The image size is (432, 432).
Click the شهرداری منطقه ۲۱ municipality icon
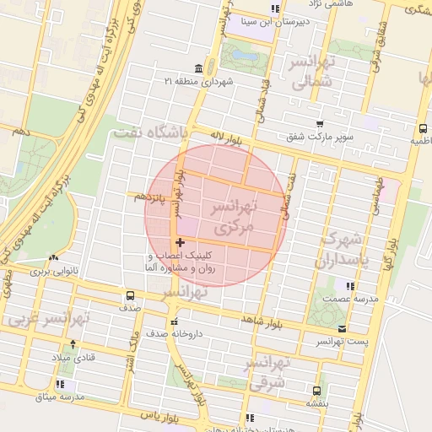click(197, 68)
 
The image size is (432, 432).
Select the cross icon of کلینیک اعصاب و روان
click(180, 242)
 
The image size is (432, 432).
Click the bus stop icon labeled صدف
click(129, 296)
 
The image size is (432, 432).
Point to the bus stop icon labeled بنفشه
click(316, 391)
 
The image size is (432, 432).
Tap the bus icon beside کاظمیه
click(421, 129)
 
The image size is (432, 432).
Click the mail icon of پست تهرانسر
click(342, 328)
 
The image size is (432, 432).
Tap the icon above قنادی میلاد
click(73, 343)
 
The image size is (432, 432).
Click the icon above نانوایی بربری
click(54, 257)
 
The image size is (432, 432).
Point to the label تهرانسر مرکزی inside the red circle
click(229, 217)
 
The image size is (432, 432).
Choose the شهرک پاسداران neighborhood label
click(343, 249)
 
